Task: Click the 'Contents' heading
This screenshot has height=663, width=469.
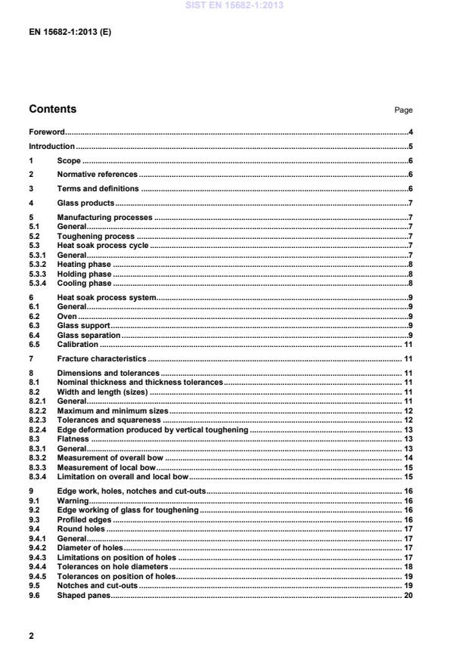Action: pyautogui.click(x=52, y=109)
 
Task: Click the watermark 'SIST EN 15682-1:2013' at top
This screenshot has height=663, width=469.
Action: pyautogui.click(x=234, y=6)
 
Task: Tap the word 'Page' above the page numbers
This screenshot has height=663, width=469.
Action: pyautogui.click(x=403, y=110)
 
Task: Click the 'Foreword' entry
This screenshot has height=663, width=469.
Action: pyautogui.click(x=47, y=132)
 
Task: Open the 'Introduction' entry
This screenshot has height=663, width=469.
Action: pyautogui.click(x=51, y=147)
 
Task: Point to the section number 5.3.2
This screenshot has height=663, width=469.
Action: pyautogui.click(x=38, y=265)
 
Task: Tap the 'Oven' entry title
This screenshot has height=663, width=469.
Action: pyautogui.click(x=67, y=316)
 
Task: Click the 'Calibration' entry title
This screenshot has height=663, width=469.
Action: pyautogui.click(x=77, y=345)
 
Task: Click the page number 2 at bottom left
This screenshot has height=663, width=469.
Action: pyautogui.click(x=31, y=636)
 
